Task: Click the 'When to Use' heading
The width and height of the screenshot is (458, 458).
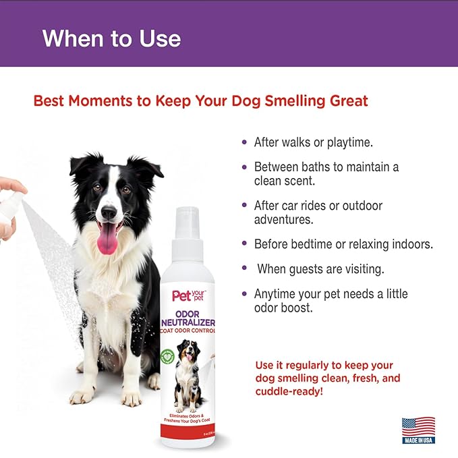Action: [x=111, y=38]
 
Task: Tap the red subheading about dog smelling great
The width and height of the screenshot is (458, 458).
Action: [x=200, y=101]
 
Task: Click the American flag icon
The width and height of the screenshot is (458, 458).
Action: [x=418, y=428]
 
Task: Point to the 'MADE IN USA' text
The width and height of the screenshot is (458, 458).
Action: [x=418, y=440]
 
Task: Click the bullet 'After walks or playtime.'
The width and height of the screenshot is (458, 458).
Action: [x=312, y=142]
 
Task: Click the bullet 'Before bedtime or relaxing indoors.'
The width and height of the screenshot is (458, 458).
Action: [x=343, y=244]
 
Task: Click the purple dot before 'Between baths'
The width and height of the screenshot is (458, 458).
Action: [x=244, y=167]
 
